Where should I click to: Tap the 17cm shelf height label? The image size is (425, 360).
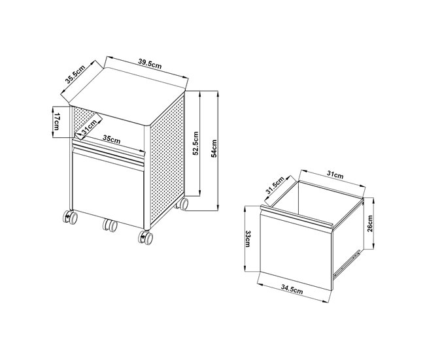pyautogui.click(x=58, y=121)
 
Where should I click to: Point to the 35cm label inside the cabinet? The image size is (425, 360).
pyautogui.click(x=111, y=139)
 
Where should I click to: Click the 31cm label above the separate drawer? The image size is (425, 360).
pyautogui.click(x=335, y=175)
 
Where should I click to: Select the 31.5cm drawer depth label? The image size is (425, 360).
pyautogui.click(x=275, y=187)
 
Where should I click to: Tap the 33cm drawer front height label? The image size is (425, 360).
pyautogui.click(x=248, y=240)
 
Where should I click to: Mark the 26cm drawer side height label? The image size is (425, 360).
pyautogui.click(x=369, y=223)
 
